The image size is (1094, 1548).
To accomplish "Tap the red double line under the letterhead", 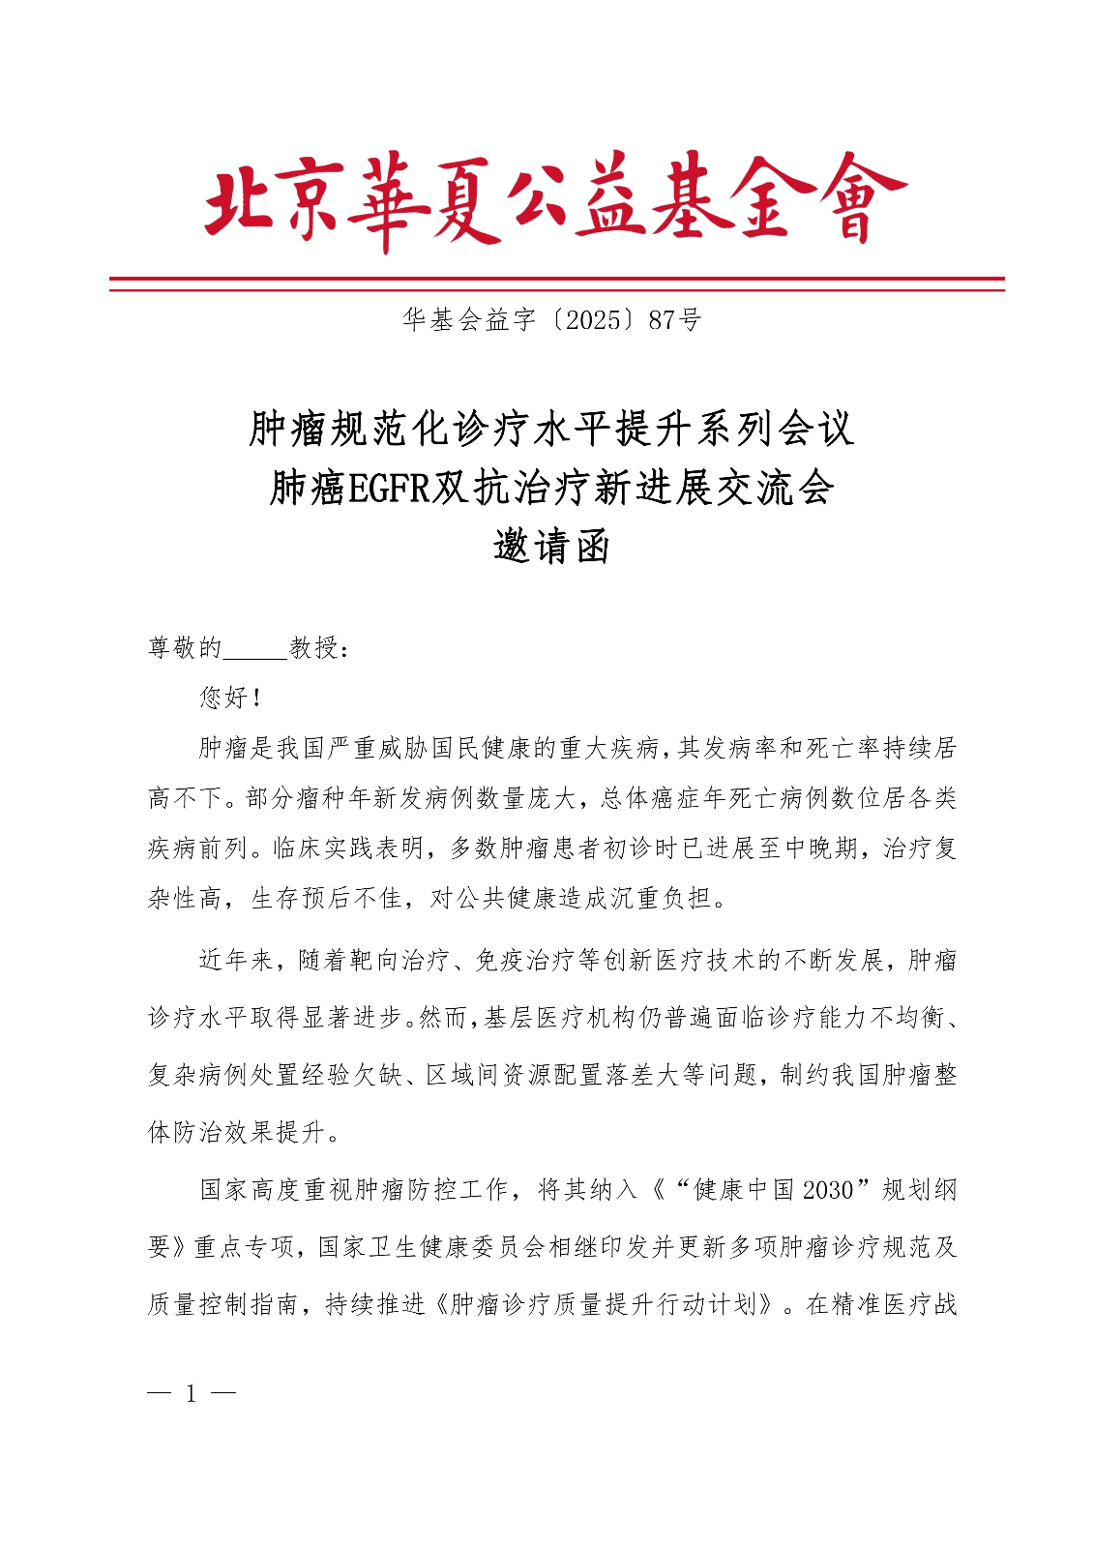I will pos(556,283).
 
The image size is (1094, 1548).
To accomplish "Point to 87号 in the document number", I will pos(674,320).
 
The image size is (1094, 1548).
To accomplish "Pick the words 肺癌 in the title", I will pos(307,489).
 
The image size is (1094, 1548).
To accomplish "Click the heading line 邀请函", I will pos(551,547).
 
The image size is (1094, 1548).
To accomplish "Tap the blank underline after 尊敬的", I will pos(255,649).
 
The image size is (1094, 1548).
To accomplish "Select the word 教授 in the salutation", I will pos(314,648).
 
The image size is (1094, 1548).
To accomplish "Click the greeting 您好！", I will pos(230,698).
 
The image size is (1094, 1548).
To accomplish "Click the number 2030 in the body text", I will pos(828,1189).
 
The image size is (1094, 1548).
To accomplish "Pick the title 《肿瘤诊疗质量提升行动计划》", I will pos(604,1304).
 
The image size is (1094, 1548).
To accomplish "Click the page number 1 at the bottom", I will pos(192,1394).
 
